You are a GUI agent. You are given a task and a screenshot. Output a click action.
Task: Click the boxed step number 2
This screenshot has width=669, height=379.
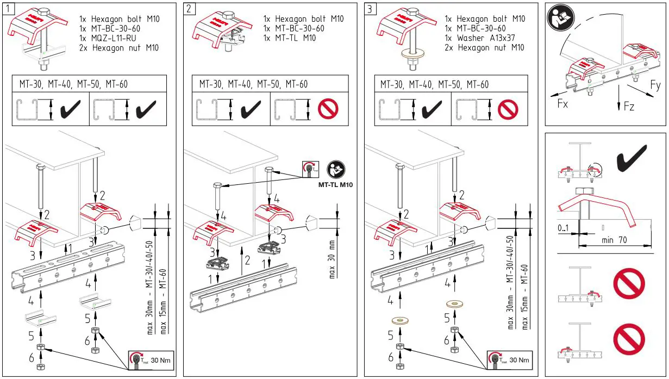tap(189, 9)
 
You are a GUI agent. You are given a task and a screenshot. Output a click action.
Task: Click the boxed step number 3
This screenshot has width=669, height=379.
tap(370, 9)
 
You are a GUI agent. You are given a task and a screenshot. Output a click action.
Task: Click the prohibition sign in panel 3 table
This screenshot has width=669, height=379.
tap(508, 109)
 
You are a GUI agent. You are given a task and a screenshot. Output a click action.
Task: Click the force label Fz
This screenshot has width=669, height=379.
tap(629, 107)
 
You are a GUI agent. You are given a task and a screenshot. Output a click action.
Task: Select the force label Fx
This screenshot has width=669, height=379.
tap(562, 103)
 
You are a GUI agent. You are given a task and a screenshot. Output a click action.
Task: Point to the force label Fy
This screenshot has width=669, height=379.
tap(655, 85)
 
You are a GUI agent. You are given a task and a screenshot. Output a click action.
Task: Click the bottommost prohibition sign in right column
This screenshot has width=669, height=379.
tap(629, 338)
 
